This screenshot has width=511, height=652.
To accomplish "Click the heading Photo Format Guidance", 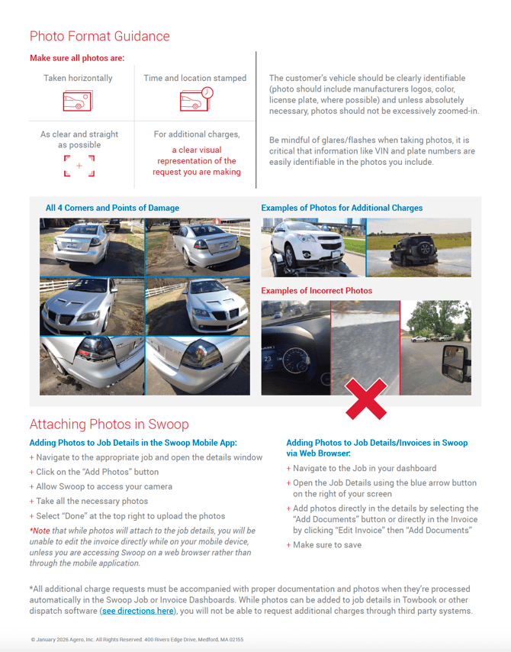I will click(x=99, y=36).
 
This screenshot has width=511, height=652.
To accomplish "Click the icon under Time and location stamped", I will click(x=195, y=99).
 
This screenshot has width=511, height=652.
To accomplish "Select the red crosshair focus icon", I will click(x=79, y=166).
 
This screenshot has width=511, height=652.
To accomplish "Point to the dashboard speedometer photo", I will click(x=295, y=348).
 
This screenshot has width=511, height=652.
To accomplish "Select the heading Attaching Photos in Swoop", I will click(x=108, y=424).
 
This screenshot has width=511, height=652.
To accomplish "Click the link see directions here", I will click(x=137, y=611).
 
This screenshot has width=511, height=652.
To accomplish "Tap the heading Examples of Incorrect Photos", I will click(x=317, y=291).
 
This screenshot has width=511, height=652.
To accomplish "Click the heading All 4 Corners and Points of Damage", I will click(x=112, y=208).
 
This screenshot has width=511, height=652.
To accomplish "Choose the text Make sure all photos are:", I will click(x=77, y=58).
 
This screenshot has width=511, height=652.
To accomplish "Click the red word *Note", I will click(x=41, y=531).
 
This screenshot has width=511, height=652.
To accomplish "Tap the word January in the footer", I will click(x=47, y=640).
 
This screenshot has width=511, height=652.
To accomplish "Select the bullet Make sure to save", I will click(x=326, y=545).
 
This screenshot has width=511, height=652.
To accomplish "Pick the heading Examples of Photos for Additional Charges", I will click(x=342, y=208).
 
